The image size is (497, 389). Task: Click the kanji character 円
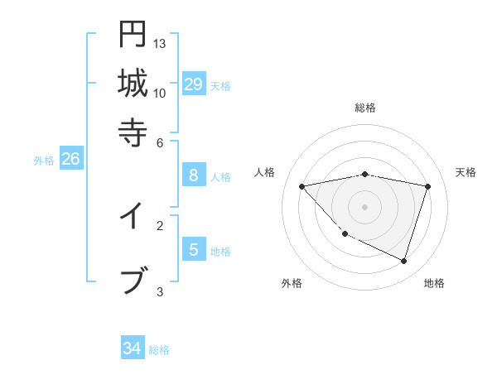click(x=133, y=36)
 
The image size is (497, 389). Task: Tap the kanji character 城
click(x=133, y=84)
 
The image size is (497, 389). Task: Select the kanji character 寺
click(x=133, y=132)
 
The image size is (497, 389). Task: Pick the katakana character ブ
click(x=133, y=280)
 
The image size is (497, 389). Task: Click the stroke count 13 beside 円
click(x=160, y=44)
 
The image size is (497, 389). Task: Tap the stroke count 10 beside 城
click(x=160, y=93)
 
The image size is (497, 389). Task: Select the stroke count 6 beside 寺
click(x=160, y=142)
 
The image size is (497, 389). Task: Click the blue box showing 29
click(x=193, y=84)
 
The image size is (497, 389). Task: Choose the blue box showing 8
click(x=193, y=175)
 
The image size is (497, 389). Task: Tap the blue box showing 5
click(x=193, y=249)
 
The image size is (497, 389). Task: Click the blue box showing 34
click(x=132, y=348)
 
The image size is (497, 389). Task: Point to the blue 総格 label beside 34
click(x=159, y=350)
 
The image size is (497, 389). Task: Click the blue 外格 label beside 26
click(x=44, y=161)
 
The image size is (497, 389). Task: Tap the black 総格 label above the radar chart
click(x=365, y=108)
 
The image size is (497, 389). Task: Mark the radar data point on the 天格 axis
click(x=427, y=186)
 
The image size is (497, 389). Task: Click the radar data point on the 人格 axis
click(x=302, y=186)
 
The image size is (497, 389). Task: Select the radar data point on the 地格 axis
click(x=403, y=261)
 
